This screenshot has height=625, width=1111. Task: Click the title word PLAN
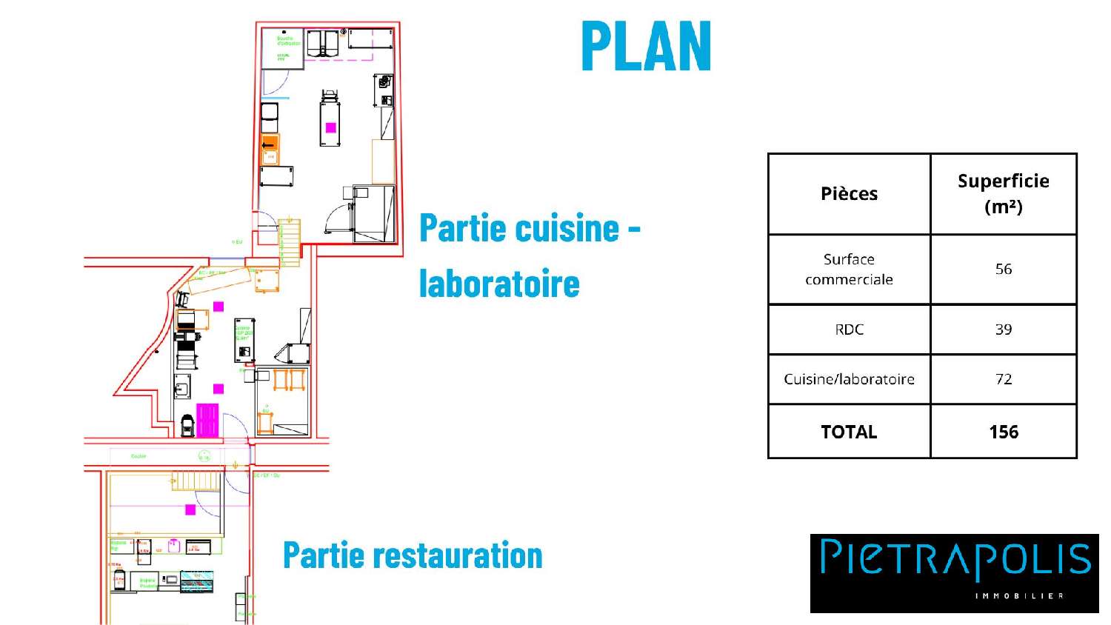647,46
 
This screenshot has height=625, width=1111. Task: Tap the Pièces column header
849,194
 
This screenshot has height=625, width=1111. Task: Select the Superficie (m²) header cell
1003,193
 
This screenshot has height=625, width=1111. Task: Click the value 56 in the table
1003,269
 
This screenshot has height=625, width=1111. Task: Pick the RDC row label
849,330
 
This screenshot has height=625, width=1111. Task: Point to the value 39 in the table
1003,330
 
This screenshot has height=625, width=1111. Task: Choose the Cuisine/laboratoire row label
849,379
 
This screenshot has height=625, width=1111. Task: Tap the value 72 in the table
1003,379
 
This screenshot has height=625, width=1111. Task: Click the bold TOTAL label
849,432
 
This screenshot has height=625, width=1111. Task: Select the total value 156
1003,432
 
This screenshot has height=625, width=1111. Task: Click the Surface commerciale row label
849,269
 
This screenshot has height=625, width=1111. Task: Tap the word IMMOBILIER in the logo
1019,596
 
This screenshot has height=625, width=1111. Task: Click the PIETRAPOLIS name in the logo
955,559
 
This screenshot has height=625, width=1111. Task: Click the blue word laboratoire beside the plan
499,283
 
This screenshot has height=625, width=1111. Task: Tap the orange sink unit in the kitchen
270,149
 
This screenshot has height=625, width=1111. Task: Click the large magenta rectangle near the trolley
207,420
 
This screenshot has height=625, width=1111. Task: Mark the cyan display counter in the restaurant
197,581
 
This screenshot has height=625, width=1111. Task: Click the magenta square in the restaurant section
190,509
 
